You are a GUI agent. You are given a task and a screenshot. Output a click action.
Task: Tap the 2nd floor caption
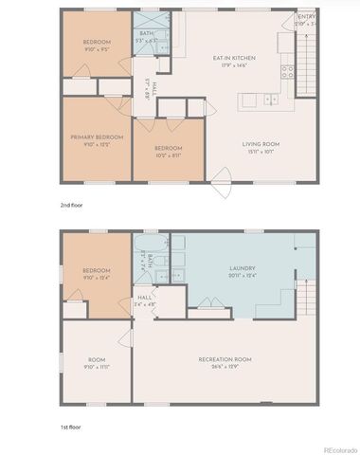(69, 204)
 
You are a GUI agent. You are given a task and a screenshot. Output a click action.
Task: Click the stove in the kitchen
(290, 71)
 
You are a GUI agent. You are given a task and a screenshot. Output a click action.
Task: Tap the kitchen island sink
(270, 99)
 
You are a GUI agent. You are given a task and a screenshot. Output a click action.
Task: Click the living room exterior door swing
(222, 177)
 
